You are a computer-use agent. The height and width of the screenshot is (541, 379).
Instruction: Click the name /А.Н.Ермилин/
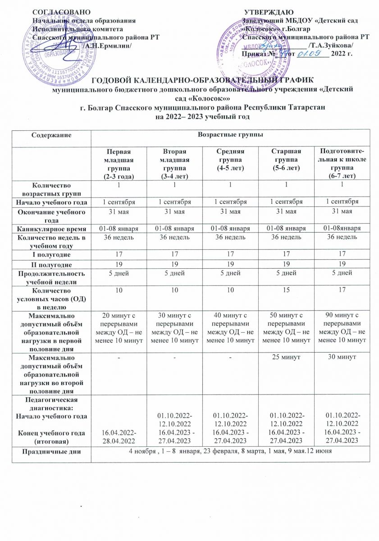tap(107, 46)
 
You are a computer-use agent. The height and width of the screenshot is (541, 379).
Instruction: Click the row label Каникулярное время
tap(59, 229)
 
